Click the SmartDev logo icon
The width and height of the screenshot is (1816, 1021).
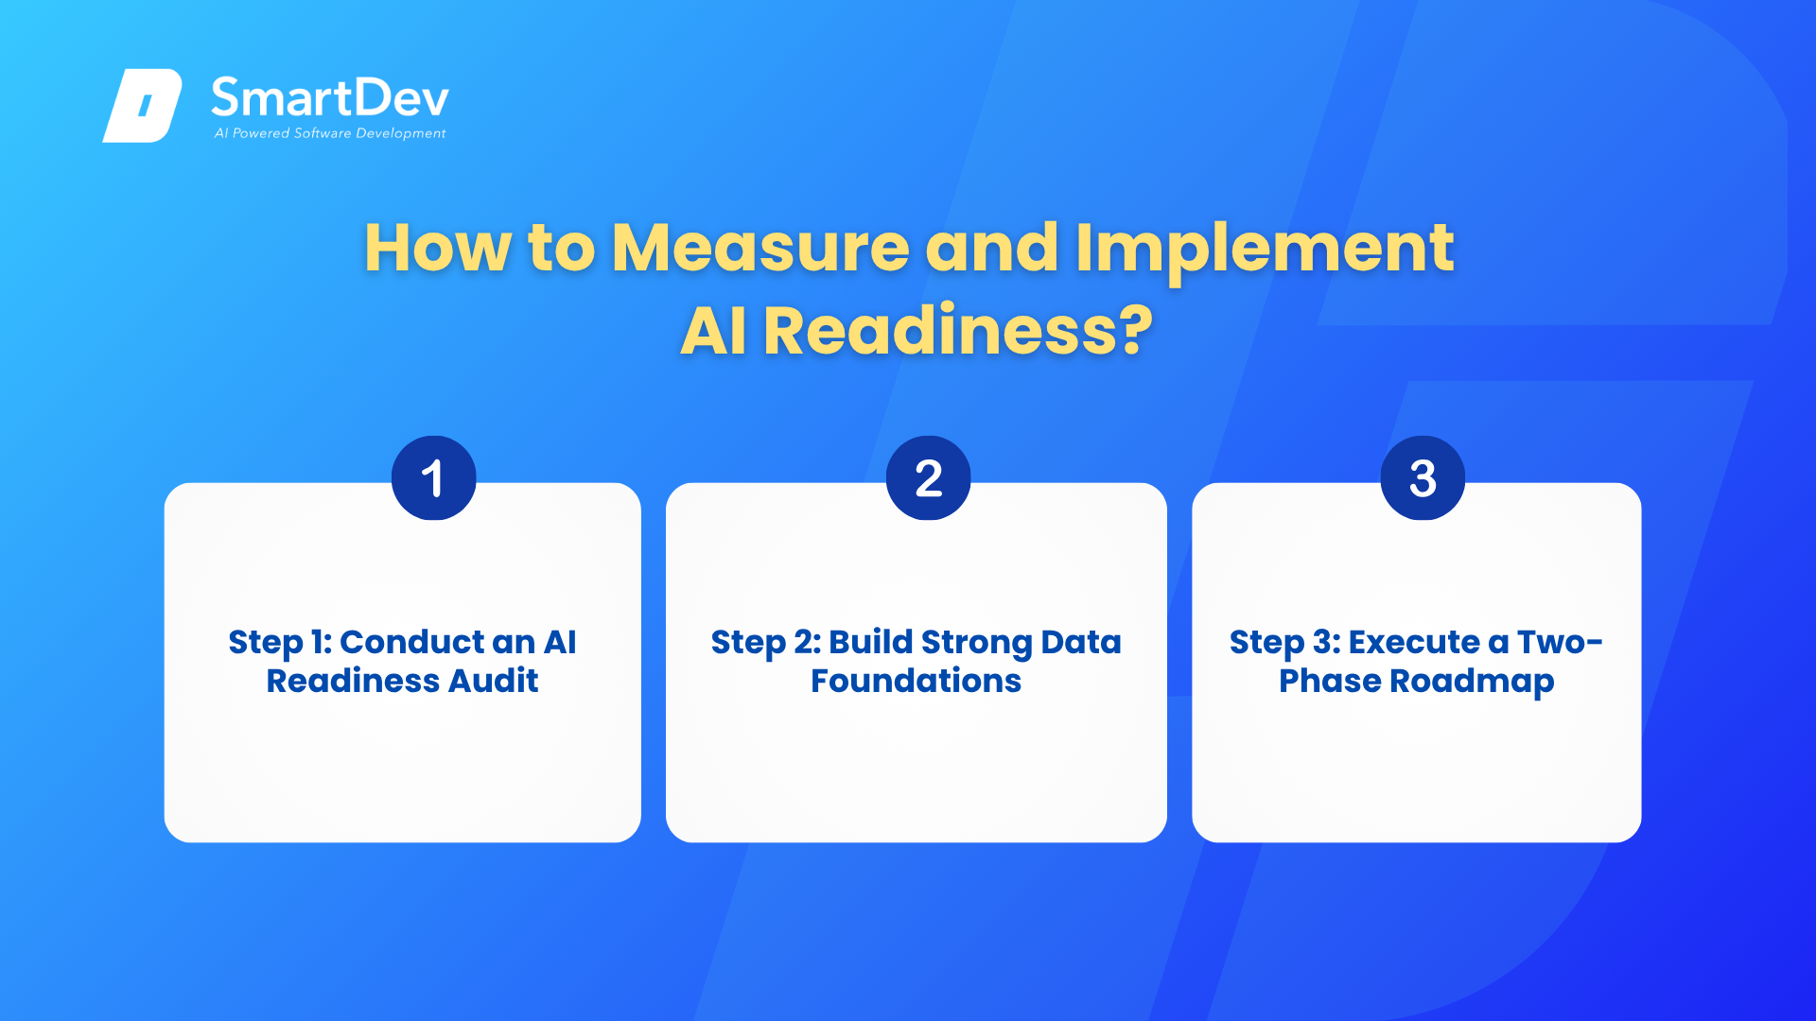point(142,105)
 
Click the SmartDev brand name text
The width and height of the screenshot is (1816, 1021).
point(330,97)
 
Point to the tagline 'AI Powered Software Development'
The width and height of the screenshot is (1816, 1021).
point(330,133)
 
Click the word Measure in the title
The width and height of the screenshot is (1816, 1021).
point(760,248)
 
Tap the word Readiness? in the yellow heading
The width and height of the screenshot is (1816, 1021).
point(958,331)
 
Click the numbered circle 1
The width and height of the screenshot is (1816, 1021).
point(433,477)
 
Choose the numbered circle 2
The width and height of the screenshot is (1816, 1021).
point(928,477)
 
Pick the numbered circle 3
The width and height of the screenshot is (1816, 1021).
point(1423,477)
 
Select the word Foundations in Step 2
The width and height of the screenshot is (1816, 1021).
point(916,681)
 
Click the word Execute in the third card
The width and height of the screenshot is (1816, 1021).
point(1414,642)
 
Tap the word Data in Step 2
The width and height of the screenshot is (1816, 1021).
point(1081,642)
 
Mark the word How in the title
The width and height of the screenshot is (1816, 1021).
point(438,248)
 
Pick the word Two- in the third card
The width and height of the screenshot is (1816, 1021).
point(1560,642)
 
